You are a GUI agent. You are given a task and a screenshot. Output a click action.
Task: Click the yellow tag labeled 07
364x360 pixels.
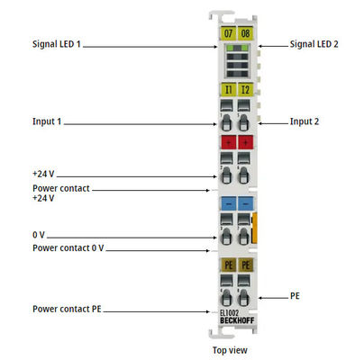pyautogui.click(x=228, y=33)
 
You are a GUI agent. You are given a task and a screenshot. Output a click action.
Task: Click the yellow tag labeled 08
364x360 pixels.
pyautogui.click(x=246, y=33)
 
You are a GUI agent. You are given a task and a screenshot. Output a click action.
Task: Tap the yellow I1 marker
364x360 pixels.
pyautogui.click(x=228, y=89)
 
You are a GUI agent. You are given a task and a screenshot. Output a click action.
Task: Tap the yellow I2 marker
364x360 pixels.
pyautogui.click(x=246, y=89)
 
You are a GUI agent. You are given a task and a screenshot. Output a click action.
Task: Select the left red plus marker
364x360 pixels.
pyautogui.click(x=228, y=142)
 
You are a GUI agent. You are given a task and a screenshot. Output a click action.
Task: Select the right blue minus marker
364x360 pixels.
pyautogui.click(x=246, y=203)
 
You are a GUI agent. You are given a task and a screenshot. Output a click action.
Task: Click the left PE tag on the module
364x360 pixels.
pyautogui.click(x=228, y=265)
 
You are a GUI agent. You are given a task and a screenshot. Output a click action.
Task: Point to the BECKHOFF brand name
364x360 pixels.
pyautogui.click(x=237, y=320)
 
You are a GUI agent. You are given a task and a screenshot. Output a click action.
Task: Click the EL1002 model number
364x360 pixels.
pyautogui.click(x=229, y=313)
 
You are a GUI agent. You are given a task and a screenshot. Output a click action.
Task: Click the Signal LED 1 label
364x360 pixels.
pyautogui.click(x=57, y=44)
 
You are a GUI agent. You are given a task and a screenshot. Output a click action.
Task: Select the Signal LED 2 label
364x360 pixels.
pyautogui.click(x=314, y=44)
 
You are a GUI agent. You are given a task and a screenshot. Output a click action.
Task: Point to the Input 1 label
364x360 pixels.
pyautogui.click(x=47, y=121)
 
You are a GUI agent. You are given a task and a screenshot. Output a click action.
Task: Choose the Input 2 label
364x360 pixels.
pyautogui.click(x=305, y=121)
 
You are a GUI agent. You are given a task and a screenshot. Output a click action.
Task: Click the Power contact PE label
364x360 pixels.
pyautogui.click(x=67, y=309)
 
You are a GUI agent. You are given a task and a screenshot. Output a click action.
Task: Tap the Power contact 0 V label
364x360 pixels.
pyautogui.click(x=68, y=248)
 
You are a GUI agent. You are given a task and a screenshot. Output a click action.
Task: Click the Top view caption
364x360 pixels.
pyautogui.click(x=230, y=350)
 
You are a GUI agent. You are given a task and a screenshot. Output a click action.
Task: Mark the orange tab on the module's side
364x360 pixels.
pyautogui.click(x=254, y=228)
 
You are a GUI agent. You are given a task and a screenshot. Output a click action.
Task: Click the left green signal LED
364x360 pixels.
pyautogui.click(x=230, y=48)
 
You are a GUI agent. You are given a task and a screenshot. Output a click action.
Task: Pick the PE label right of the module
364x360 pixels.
pyautogui.click(x=295, y=296)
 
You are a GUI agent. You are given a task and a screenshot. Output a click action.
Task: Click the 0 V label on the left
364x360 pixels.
pyautogui.click(x=39, y=235)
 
